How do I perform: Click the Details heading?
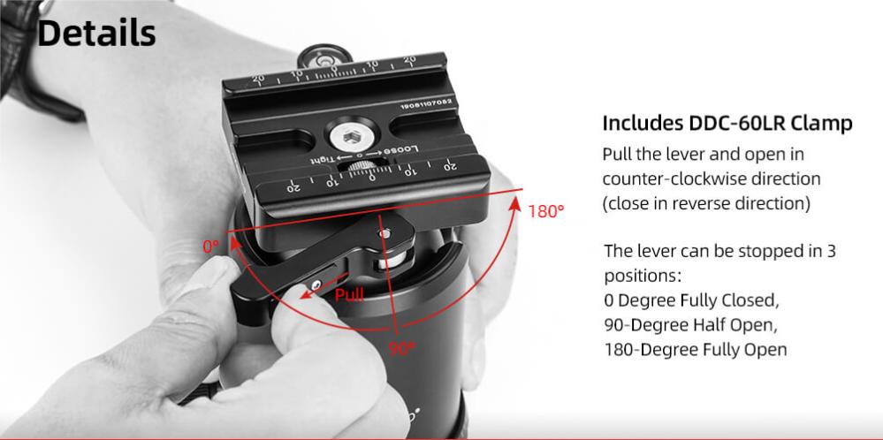96,34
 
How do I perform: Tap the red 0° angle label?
210,247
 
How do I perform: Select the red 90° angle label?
401,349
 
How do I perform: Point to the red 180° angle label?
545,211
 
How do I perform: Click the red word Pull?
349,294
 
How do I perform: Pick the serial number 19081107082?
426,104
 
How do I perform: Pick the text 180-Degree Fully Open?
696,349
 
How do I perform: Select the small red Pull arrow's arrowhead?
307,293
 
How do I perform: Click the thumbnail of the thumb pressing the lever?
209,273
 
